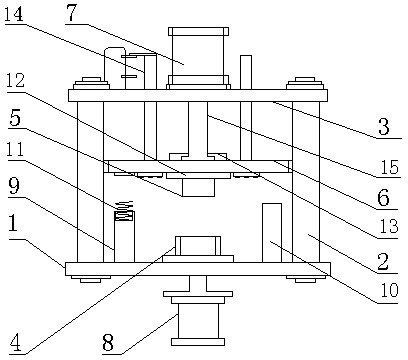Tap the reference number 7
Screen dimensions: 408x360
(x=71, y=13)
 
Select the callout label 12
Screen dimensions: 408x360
(x=14, y=81)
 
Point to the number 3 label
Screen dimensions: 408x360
(x=384, y=127)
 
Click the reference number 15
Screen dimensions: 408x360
(x=389, y=167)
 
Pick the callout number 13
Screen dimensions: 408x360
(x=389, y=227)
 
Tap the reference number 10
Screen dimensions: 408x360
(x=389, y=291)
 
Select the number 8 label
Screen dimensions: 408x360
(x=108, y=343)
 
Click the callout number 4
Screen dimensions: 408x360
(x=15, y=343)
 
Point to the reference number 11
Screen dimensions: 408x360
(x=14, y=150)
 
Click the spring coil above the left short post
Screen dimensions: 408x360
(x=124, y=206)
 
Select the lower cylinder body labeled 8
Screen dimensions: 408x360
(x=198, y=321)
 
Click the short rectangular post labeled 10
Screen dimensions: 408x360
(x=272, y=233)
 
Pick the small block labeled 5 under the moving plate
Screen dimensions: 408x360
(x=198, y=187)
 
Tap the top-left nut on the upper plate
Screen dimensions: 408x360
(x=91, y=83)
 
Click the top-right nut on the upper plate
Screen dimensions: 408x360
(x=305, y=83)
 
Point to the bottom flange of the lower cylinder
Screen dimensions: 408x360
(x=198, y=342)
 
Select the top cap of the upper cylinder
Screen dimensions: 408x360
(x=198, y=31)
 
